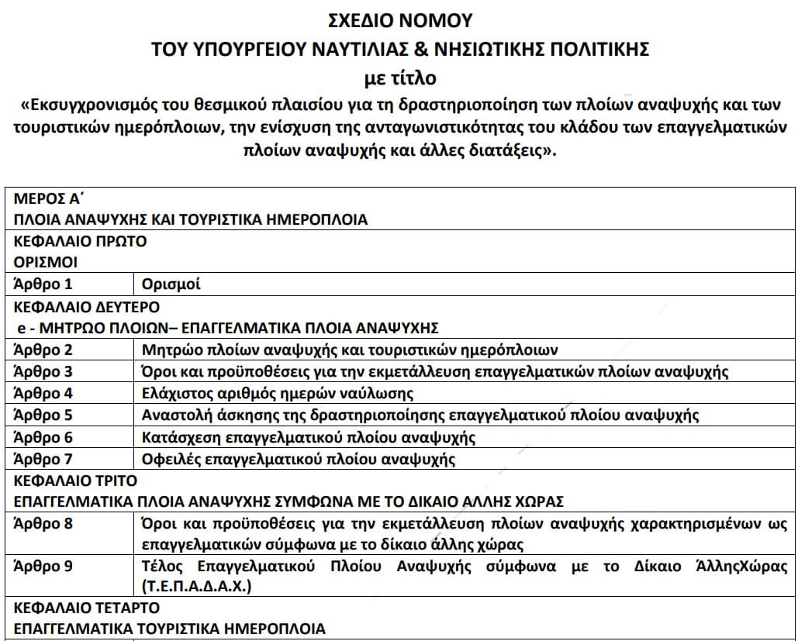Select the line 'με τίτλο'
(399, 78)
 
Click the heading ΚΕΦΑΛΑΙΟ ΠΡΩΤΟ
(80, 241)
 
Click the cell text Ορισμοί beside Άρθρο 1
(171, 284)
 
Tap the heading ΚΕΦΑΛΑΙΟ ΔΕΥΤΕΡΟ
(87, 306)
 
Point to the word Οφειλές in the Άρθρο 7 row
(171, 459)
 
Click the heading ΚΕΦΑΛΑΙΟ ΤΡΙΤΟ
(75, 481)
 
